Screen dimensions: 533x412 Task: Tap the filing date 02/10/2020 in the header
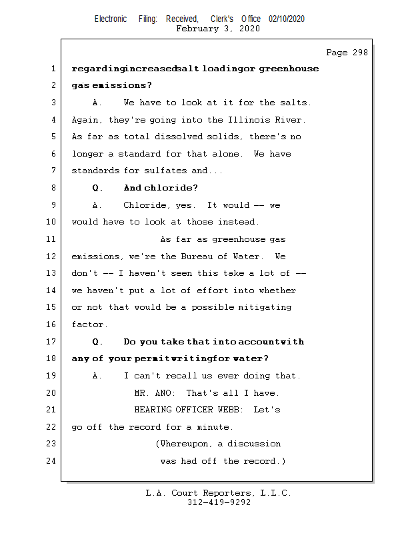pyautogui.click(x=287, y=19)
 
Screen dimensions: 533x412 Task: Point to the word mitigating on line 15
pyautogui.click(x=267, y=308)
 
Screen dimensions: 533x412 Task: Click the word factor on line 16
pyautogui.click(x=88, y=324)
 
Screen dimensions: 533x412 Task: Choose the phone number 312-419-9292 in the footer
pyautogui.click(x=219, y=503)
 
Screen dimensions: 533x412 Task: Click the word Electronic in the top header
pyautogui.click(x=111, y=19)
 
